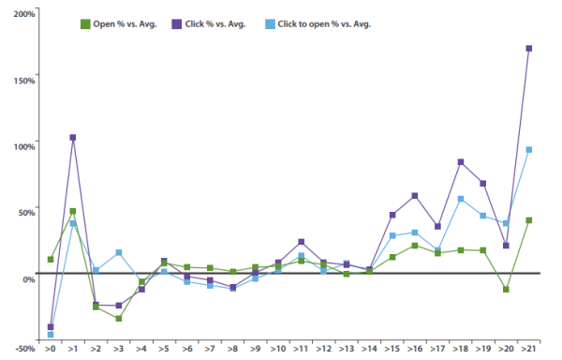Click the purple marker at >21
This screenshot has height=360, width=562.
click(529, 48)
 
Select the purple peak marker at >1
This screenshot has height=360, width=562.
click(73, 138)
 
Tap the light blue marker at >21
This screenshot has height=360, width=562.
click(529, 149)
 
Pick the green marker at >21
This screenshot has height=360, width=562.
click(529, 220)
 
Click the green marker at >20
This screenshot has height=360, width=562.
click(507, 290)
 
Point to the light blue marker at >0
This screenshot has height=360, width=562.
click(51, 335)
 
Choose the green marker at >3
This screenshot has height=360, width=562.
click(118, 319)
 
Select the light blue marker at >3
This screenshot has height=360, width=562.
click(118, 253)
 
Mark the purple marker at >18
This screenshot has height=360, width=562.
click(461, 162)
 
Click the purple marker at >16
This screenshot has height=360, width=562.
click(415, 196)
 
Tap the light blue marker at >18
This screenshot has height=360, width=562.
click(461, 199)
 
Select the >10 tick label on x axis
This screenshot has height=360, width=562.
click(278, 348)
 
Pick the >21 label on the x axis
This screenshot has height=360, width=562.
click(529, 348)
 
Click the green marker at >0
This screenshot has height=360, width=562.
click(51, 259)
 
